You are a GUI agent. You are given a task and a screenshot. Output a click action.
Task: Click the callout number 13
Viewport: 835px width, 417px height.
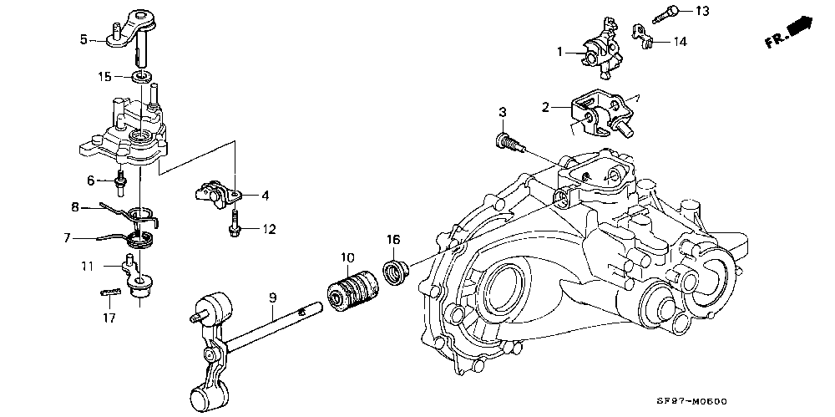point(701,11)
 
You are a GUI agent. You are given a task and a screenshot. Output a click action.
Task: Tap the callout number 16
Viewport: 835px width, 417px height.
point(393,240)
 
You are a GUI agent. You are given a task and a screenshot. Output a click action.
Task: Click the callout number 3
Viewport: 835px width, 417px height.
point(503,112)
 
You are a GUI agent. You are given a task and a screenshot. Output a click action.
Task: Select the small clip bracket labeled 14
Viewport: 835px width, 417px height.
point(642,35)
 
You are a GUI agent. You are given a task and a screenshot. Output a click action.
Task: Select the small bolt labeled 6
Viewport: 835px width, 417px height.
point(120,178)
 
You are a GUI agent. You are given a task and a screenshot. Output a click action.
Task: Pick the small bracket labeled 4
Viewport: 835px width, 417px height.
point(214,192)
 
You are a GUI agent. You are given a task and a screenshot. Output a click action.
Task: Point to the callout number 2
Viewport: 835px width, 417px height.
point(545,107)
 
